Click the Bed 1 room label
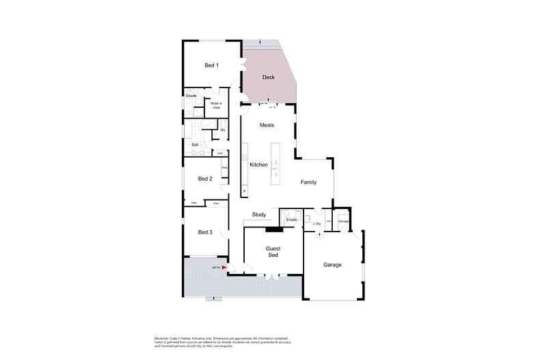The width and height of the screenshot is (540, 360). click(x=212, y=66)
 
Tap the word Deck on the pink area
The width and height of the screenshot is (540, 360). click(x=269, y=78)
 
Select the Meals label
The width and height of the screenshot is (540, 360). click(x=267, y=125)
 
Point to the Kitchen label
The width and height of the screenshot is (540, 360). click(x=258, y=165)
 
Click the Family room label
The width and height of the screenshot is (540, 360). click(x=309, y=182)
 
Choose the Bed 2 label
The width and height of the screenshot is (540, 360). click(x=205, y=179)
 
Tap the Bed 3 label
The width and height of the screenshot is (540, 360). click(x=205, y=232)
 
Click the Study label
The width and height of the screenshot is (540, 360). click(x=259, y=214)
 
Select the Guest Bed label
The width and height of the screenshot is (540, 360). click(x=273, y=251)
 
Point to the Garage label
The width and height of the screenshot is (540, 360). click(x=332, y=264)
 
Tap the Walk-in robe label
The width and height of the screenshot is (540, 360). click(x=216, y=106)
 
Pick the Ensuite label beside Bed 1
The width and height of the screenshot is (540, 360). click(x=191, y=96)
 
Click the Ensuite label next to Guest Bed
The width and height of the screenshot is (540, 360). click(x=291, y=219)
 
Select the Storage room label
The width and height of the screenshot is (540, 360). click(x=344, y=221)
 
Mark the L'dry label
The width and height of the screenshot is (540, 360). click(x=316, y=223)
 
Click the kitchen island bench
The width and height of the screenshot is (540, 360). click(x=275, y=162)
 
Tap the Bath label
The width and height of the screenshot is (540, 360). click(x=195, y=145)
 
